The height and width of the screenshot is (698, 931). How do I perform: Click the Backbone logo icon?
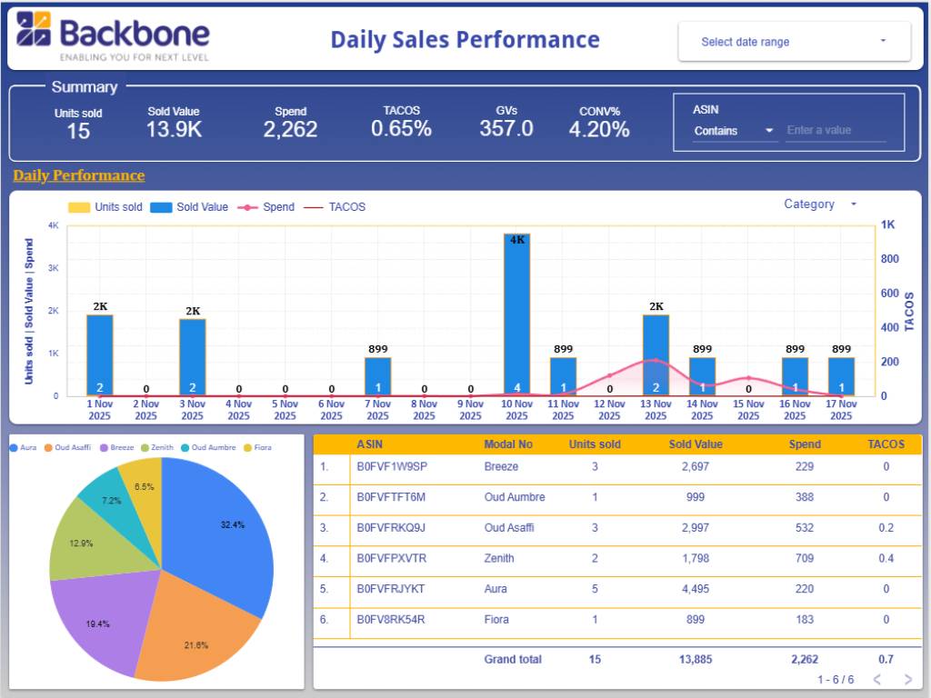point(34,29)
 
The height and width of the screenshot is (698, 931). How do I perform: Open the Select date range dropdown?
point(794,42)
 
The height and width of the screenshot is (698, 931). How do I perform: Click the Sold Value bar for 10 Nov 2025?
point(517,314)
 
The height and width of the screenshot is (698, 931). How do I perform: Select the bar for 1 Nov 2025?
point(100,354)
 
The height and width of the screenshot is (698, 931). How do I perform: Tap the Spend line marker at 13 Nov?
point(656,361)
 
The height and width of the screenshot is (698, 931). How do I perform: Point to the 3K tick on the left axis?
point(54,268)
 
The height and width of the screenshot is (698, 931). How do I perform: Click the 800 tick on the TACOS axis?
point(889,259)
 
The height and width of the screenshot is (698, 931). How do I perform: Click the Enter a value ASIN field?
point(836,131)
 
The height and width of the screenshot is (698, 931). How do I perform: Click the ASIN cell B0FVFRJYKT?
point(391,589)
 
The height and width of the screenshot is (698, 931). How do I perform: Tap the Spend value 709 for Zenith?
point(805,558)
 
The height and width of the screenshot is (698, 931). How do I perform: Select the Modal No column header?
point(508,444)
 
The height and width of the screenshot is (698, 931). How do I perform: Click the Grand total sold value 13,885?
point(696,659)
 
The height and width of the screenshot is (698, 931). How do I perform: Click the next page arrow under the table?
point(907,680)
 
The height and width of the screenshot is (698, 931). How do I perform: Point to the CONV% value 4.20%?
point(599,130)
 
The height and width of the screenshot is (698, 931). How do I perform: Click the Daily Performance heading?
point(79,175)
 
